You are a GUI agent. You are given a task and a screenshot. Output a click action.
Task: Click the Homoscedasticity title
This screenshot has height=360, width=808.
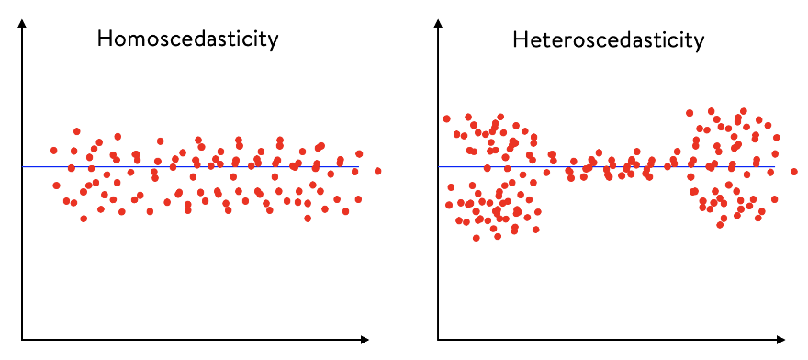click(188, 40)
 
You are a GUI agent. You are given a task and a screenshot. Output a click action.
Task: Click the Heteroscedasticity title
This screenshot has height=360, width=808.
click(608, 40)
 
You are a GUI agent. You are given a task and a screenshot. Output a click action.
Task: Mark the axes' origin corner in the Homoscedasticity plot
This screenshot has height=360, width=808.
click(21, 340)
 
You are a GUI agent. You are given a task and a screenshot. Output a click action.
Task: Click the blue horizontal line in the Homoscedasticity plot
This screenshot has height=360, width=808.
click(184, 167)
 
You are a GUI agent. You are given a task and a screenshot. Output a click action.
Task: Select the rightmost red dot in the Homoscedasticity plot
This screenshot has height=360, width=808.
click(378, 172)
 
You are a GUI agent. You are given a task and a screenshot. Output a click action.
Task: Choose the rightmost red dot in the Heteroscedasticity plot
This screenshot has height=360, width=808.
click(794, 172)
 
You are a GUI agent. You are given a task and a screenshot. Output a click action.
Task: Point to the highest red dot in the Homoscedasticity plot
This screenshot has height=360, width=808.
click(77, 131)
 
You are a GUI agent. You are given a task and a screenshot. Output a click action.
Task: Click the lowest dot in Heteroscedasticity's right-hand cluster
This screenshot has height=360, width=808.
click(721, 224)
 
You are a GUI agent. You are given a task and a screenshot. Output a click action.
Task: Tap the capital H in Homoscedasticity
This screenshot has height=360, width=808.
click(106, 40)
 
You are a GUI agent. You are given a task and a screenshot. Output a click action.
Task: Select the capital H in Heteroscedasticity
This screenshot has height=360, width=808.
click(521, 40)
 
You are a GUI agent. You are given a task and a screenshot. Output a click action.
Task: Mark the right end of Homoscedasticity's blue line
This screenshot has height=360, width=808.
click(357, 167)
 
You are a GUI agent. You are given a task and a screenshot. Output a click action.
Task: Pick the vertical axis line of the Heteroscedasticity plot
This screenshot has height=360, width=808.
click(439, 184)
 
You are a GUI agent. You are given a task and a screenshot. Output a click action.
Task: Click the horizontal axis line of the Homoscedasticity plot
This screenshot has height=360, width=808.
click(184, 340)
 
